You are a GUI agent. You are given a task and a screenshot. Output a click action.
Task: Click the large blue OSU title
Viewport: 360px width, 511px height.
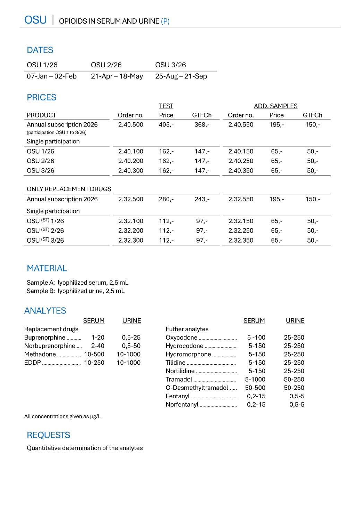35,20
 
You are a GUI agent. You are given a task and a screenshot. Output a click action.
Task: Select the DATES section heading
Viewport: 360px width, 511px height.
40,50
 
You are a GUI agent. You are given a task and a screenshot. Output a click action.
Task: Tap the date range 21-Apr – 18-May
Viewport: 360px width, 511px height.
117,76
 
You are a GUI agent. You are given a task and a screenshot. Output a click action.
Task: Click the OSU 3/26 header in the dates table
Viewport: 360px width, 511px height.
170,65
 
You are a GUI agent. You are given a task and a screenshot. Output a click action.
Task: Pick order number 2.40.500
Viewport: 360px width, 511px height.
131,125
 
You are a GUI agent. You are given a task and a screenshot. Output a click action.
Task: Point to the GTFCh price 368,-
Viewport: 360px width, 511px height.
202,125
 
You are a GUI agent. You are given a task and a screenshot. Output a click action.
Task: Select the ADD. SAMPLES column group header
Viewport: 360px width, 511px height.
276,106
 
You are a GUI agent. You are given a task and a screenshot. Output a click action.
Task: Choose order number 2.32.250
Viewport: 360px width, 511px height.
241,231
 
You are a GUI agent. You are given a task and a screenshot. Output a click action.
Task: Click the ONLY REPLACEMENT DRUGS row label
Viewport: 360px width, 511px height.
69,189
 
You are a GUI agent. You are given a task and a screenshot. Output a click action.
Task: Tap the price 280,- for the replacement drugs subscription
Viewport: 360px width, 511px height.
166,199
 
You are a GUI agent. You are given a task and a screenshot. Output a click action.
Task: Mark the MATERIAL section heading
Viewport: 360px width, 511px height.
47,268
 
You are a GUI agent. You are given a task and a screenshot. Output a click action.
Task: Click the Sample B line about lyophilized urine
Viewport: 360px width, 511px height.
76,291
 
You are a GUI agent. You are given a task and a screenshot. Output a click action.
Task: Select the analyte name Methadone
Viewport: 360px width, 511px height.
40,354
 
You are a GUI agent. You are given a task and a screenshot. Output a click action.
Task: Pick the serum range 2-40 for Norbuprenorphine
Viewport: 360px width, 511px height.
97,346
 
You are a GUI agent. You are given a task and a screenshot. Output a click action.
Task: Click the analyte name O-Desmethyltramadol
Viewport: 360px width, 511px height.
197,388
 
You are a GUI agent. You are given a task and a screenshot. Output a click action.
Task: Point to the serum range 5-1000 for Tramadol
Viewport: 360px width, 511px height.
255,379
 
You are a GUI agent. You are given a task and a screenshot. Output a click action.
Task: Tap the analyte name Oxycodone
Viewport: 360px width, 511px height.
181,337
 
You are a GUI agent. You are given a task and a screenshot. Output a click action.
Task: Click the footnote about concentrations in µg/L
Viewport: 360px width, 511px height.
62,417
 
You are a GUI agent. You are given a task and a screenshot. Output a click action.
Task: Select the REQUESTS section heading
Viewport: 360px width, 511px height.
49,435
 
